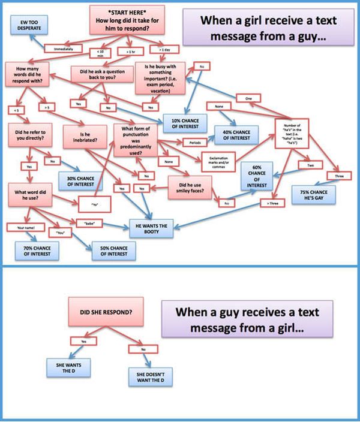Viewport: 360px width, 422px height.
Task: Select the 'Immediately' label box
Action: pyautogui.click(x=63, y=48)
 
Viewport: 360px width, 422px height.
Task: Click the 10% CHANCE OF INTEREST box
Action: pyautogui.click(x=185, y=122)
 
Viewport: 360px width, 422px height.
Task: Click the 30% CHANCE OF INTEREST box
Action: pyautogui.click(x=82, y=180)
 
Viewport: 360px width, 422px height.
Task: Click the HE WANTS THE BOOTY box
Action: pyautogui.click(x=152, y=228)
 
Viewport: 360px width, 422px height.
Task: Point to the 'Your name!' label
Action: pyautogui.click(x=25, y=227)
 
